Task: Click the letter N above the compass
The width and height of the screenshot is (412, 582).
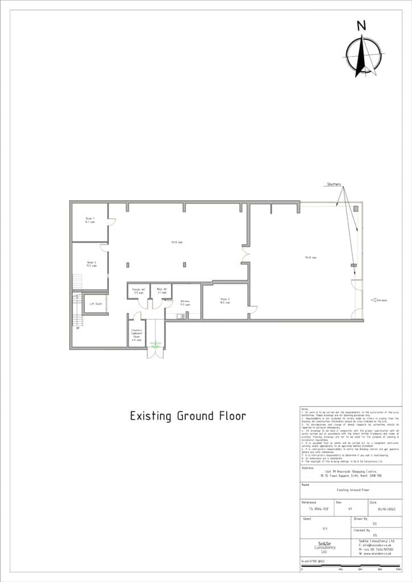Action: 361,25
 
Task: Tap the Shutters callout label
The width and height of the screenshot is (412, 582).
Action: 335,185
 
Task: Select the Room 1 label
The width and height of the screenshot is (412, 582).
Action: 90,220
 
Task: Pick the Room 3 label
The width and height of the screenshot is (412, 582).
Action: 225,301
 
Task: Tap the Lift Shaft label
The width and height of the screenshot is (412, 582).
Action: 95,304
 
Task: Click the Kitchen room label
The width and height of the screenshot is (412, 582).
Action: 185,302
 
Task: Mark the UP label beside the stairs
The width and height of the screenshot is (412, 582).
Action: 77,328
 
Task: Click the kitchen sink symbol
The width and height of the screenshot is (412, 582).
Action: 179,315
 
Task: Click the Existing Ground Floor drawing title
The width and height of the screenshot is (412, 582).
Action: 188,416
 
